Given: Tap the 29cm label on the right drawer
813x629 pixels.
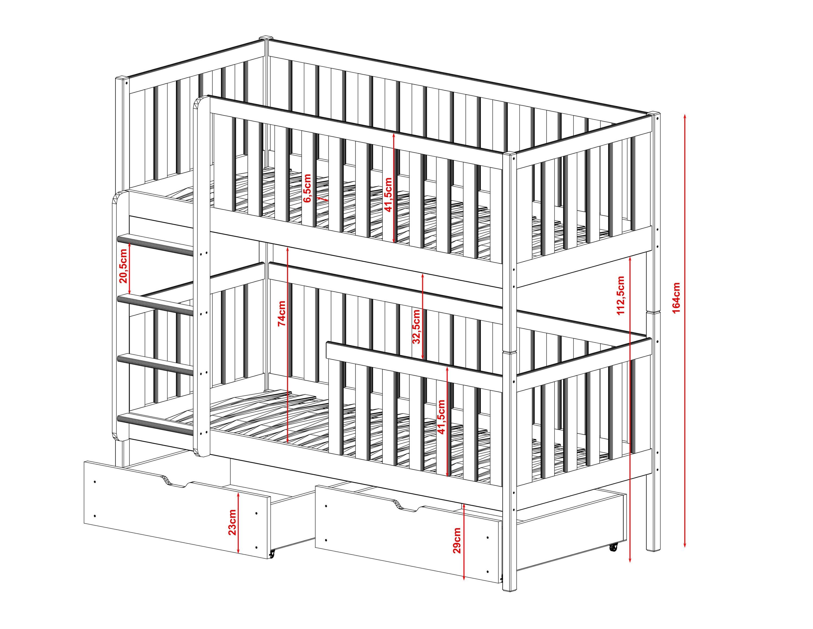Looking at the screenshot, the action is click(x=457, y=540).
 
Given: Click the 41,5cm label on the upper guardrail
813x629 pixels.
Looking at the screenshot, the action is click(x=388, y=195).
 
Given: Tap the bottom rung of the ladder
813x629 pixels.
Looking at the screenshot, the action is click(x=156, y=424).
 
